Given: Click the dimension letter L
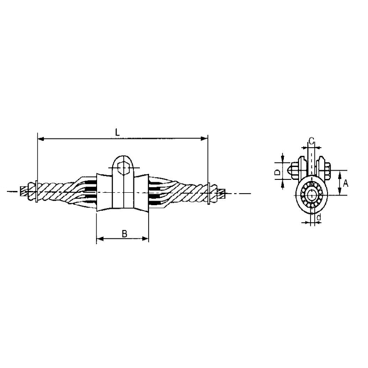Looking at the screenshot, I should coord(117,132).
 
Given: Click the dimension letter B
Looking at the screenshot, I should coord(124,233).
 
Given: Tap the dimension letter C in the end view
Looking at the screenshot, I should coord(311,140).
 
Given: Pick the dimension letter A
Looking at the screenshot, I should coord(345,183).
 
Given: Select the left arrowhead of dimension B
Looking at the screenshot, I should coord(99,239).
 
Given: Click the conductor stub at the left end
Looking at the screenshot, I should coord(24,190).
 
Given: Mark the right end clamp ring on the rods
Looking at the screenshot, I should coord(209,193).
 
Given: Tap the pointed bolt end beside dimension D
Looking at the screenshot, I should coord(292,172).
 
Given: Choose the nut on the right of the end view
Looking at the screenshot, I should coord(327,170).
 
